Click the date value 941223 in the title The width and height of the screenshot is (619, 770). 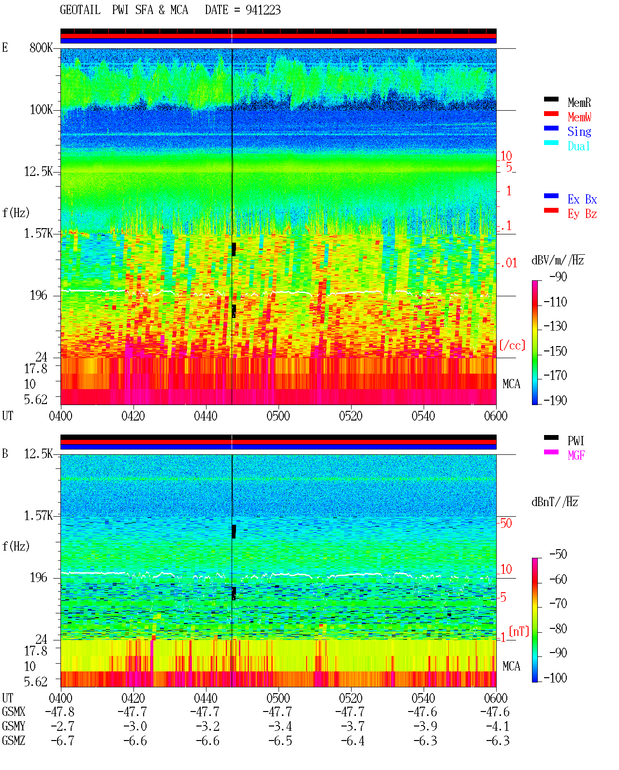click(x=263, y=10)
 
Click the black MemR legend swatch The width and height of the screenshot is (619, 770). click(x=551, y=99)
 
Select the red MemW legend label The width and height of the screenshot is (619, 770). click(x=579, y=117)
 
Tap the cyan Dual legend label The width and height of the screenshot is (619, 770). click(x=578, y=146)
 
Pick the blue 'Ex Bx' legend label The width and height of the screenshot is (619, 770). click(x=582, y=199)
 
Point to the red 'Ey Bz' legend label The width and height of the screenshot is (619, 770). click(x=582, y=214)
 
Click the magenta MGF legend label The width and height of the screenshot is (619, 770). click(x=576, y=455)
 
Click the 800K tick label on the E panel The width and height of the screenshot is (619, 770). click(x=41, y=47)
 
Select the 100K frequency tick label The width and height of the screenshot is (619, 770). click(x=41, y=110)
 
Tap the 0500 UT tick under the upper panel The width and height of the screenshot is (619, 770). click(x=278, y=416)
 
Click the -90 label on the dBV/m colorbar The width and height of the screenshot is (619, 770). click(x=558, y=276)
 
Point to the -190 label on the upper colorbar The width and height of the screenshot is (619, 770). click(x=555, y=400)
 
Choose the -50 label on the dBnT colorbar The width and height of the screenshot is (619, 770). click(x=558, y=554)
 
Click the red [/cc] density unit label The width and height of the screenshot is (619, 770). click(x=512, y=345)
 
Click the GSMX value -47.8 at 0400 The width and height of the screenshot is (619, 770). click(x=60, y=712)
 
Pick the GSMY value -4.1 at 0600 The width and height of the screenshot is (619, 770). click(x=497, y=726)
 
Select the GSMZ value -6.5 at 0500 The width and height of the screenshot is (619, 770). click(x=280, y=741)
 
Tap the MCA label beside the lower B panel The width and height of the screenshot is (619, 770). click(x=511, y=666)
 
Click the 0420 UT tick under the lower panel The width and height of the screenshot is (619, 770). click(x=133, y=697)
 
